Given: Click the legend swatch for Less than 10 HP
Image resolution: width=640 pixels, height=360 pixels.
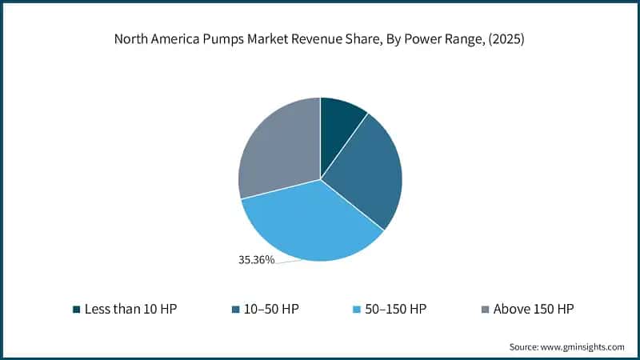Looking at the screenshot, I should (76, 309).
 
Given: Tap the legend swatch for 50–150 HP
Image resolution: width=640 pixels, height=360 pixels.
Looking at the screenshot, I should (358, 309).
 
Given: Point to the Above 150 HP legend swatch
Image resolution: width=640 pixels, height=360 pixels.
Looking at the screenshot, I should (485, 309).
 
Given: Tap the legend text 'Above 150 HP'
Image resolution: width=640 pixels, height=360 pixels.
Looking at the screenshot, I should (534, 309).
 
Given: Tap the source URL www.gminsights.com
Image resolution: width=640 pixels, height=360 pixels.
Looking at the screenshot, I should (583, 346).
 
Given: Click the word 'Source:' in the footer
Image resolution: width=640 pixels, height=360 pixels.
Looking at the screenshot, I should (525, 346).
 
